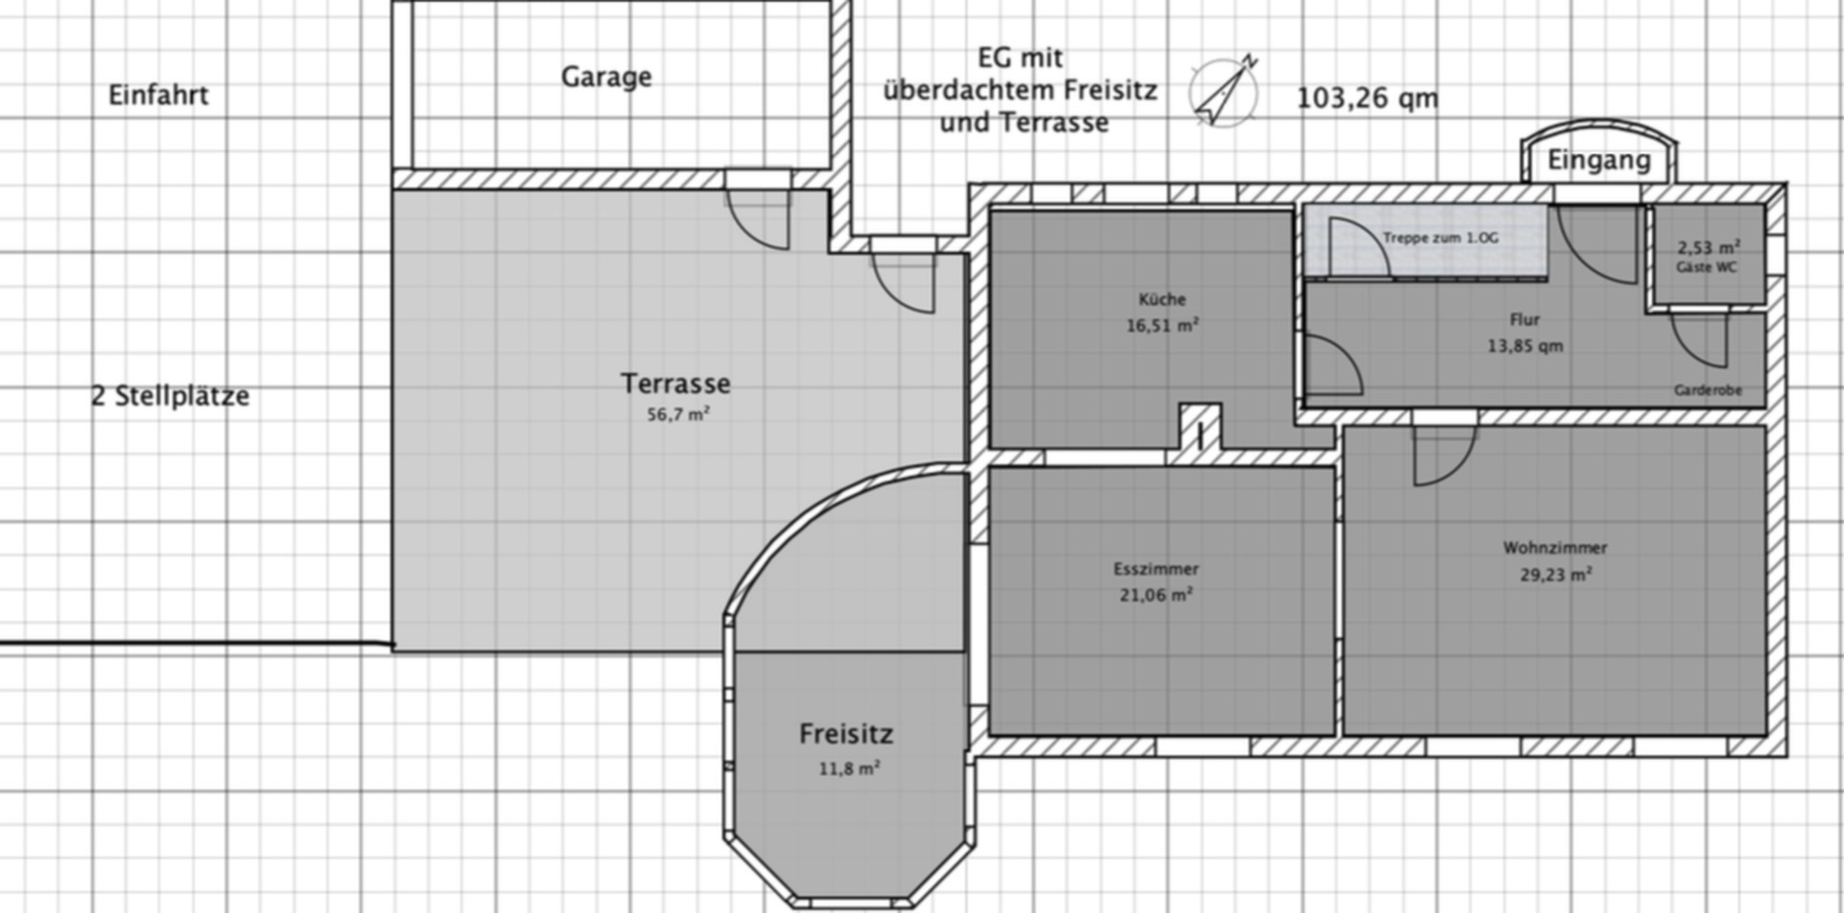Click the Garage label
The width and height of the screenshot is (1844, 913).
pos(606,77)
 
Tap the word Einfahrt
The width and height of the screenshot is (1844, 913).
pos(158,95)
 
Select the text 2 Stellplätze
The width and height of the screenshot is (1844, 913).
pos(170,396)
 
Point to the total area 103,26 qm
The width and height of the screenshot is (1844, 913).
pos(1368,98)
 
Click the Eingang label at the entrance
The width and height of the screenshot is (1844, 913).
pos(1599,160)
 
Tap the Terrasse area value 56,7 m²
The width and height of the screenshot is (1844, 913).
pos(678,414)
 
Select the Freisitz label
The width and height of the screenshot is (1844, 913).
pos(846,734)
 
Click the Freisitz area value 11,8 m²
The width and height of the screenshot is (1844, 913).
pos(849,769)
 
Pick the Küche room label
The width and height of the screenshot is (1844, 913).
pos(1162,299)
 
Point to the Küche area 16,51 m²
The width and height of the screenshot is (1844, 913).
pos(1162,326)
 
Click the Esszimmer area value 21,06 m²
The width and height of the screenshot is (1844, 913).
pos(1156,595)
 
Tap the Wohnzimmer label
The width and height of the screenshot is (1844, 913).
pos(1555,548)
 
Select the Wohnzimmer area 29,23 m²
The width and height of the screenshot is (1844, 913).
pos(1556,575)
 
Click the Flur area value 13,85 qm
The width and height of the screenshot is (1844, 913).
pos(1525,346)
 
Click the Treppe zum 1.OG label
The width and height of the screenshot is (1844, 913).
pos(1441,237)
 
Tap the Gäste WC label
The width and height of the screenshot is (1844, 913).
pos(1707,267)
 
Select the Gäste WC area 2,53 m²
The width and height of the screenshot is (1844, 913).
pos(1709,247)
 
